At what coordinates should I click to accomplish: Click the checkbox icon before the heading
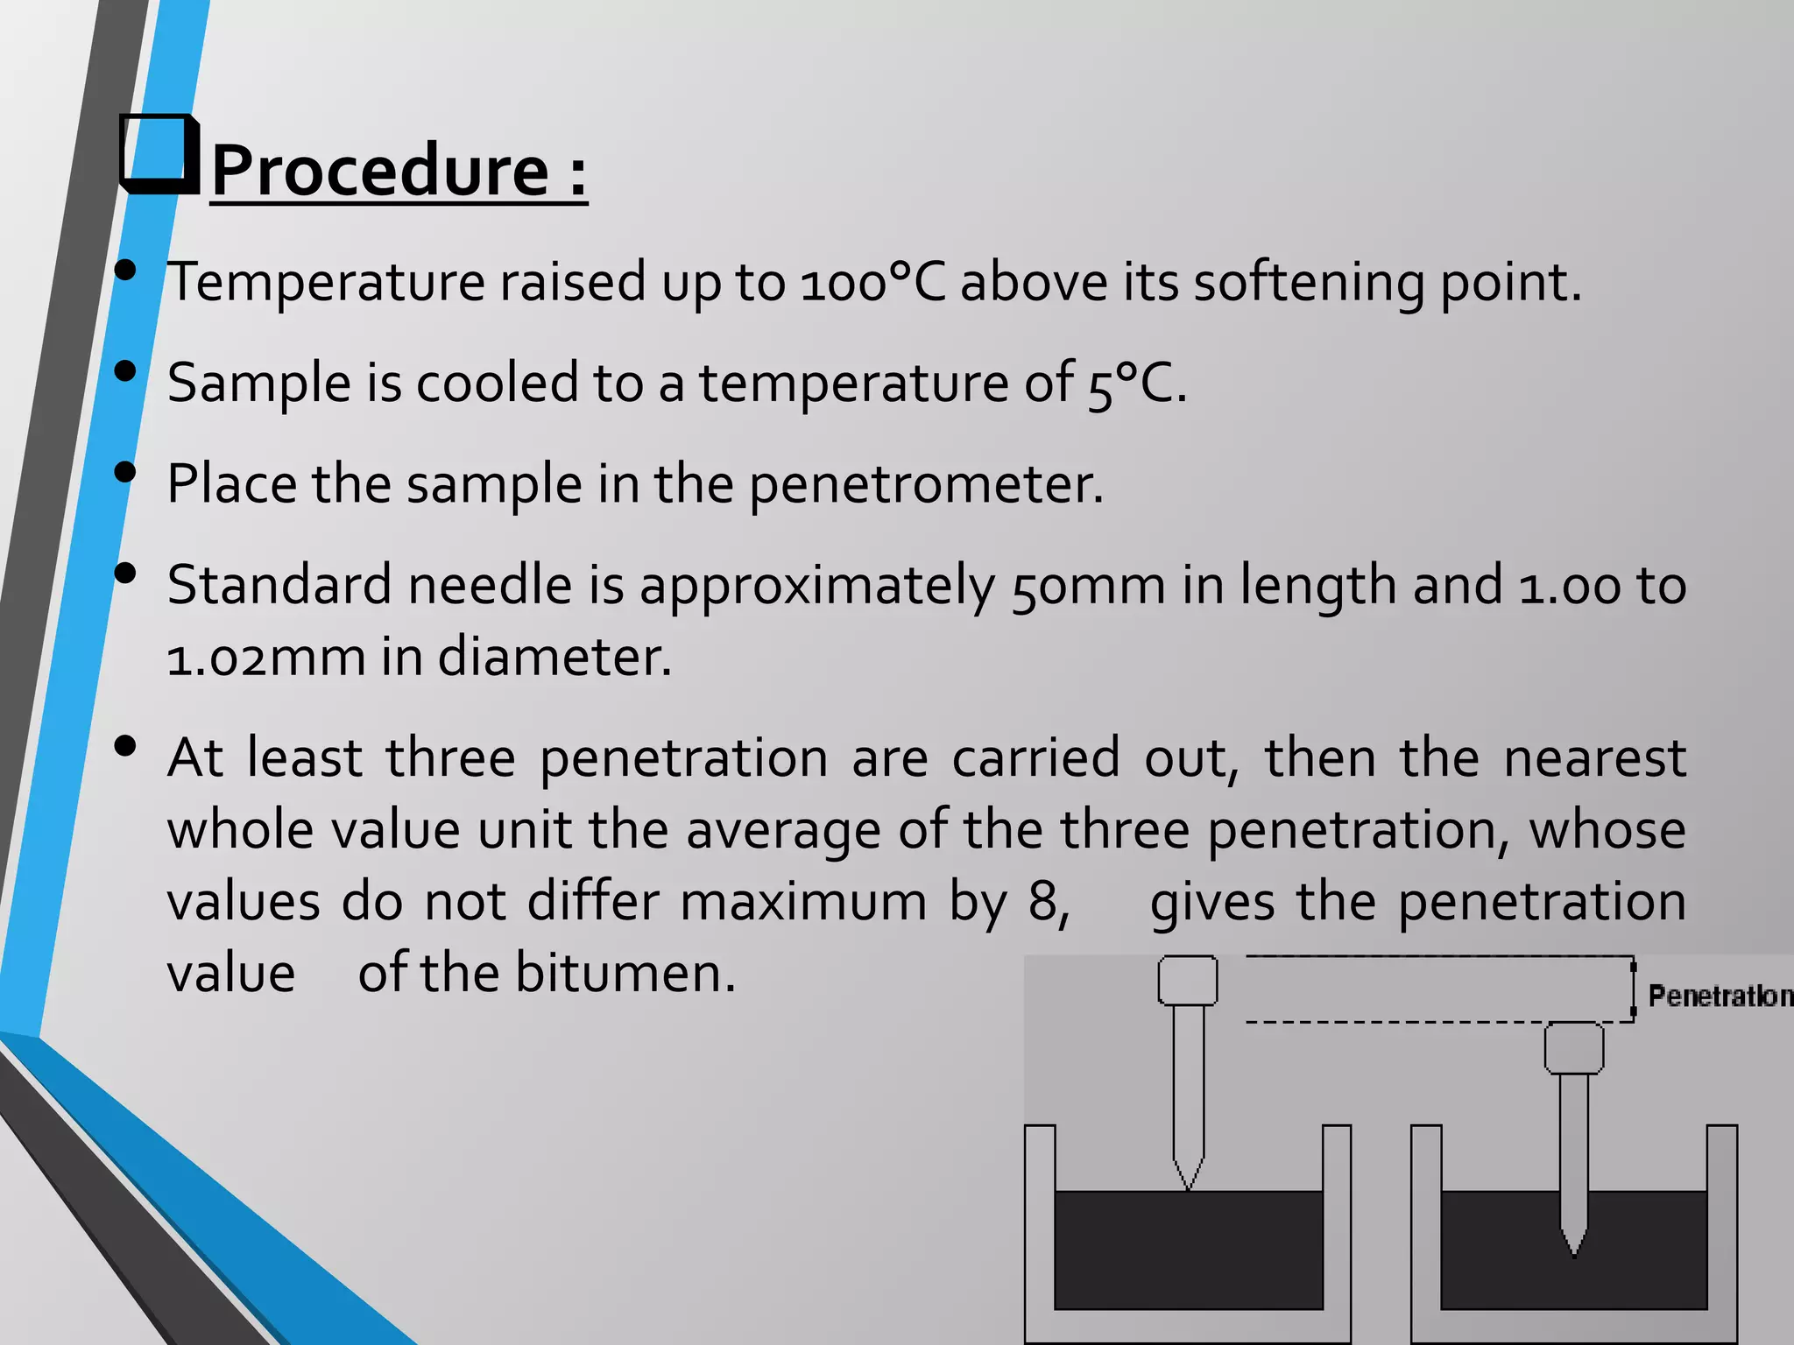point(158,154)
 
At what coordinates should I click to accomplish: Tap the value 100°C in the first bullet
point(872,283)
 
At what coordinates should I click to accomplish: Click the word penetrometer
point(925,484)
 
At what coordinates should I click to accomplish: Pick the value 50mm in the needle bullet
point(1088,586)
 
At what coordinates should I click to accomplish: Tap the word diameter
point(554,658)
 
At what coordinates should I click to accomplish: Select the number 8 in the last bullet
point(1044,902)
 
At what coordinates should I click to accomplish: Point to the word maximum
point(802,902)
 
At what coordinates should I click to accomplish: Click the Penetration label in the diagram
point(1719,996)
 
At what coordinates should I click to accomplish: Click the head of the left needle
point(1187,980)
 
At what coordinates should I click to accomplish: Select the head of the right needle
point(1573,1047)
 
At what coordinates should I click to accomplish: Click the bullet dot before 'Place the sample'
point(125,473)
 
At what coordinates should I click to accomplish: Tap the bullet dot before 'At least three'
point(125,746)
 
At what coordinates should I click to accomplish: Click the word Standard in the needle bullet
point(279,586)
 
